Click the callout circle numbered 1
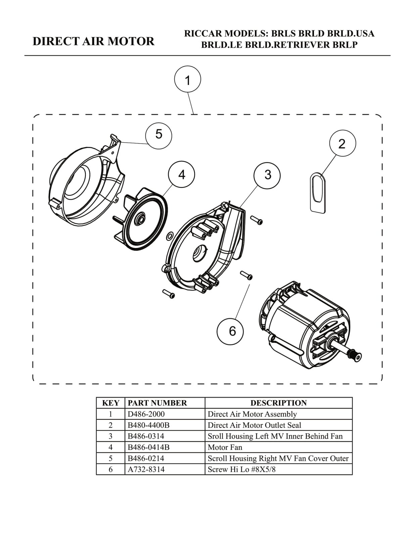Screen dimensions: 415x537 [x=188, y=79]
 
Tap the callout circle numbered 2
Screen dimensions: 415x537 [x=342, y=143]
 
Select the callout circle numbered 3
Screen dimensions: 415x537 [x=267, y=175]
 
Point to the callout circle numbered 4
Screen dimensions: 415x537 [x=181, y=175]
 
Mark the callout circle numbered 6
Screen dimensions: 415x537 [x=230, y=331]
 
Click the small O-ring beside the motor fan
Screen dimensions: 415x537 [x=170, y=236]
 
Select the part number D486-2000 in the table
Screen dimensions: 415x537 [x=146, y=414]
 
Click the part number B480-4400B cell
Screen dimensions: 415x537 [x=148, y=425]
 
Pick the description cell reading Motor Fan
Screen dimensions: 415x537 [x=225, y=447]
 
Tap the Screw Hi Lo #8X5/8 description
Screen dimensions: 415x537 [x=241, y=469]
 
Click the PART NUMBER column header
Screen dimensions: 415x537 [x=157, y=403]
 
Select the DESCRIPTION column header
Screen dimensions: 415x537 [x=279, y=403]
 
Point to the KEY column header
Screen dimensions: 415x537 [x=110, y=403]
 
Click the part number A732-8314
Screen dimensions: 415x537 [x=146, y=469]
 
